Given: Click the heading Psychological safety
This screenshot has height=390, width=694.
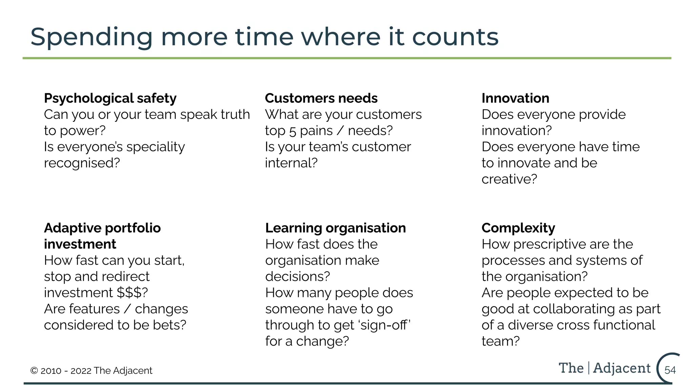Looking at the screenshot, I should (x=110, y=99).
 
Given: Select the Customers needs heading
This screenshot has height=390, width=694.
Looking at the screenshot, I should (x=321, y=98).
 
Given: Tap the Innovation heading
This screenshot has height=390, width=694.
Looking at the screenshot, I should (x=515, y=98).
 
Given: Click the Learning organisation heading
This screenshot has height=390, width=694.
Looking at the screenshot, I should (x=335, y=228).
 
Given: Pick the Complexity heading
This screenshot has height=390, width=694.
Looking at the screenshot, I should (x=518, y=228).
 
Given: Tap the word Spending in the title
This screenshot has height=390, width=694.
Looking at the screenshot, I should (x=91, y=37).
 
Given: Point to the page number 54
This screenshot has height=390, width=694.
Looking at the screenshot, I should (x=670, y=370).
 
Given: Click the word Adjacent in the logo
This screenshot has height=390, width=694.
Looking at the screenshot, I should (x=622, y=368).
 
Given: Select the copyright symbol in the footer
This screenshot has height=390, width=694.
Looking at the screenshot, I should (x=34, y=371).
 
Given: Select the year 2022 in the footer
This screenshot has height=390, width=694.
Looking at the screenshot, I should (x=81, y=371).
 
